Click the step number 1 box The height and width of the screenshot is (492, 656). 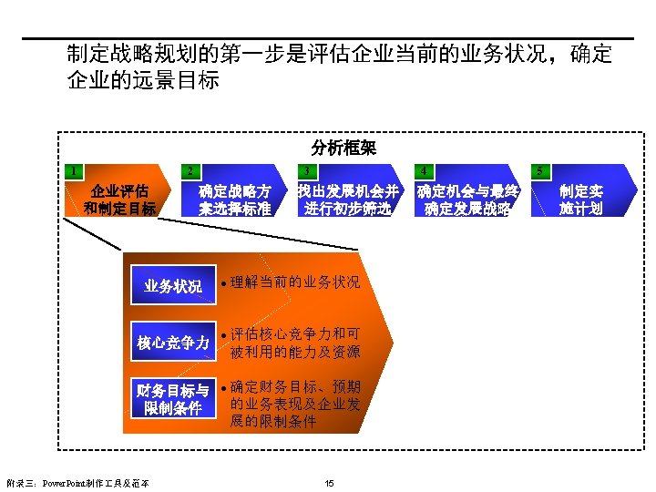tap(72, 170)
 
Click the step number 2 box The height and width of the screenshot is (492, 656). tap(188, 170)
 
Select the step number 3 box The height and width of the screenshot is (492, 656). tap(307, 170)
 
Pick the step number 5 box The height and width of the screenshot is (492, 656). tap(540, 170)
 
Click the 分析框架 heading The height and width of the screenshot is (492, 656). tap(343, 147)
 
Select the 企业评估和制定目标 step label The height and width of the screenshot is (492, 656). tap(119, 200)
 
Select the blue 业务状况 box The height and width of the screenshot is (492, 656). tap(173, 287)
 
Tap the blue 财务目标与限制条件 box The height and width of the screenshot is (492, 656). tap(173, 400)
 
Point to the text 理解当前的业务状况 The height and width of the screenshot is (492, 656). tap(295, 282)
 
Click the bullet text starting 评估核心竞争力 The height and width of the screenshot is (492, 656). tap(295, 343)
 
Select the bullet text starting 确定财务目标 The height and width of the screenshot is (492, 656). tap(295, 404)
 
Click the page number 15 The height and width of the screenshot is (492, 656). tap(329, 482)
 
